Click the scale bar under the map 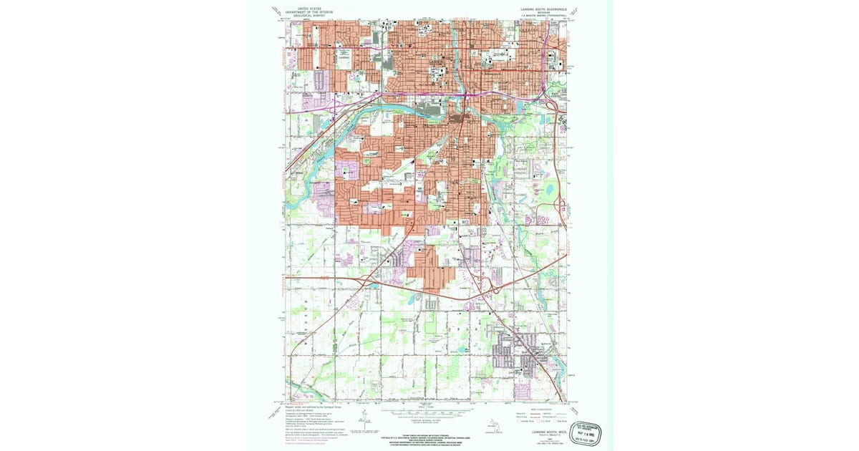(426, 413)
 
